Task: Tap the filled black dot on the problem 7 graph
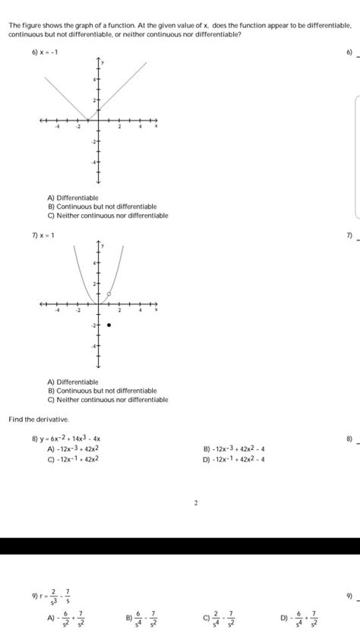(109, 325)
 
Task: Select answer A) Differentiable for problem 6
(73, 198)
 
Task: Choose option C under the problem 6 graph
(107, 216)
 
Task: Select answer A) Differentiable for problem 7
(73, 382)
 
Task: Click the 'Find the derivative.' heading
(39, 419)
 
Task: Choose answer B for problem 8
(233, 449)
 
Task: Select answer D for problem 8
(233, 459)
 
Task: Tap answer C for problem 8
(73, 459)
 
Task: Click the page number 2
(195, 502)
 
